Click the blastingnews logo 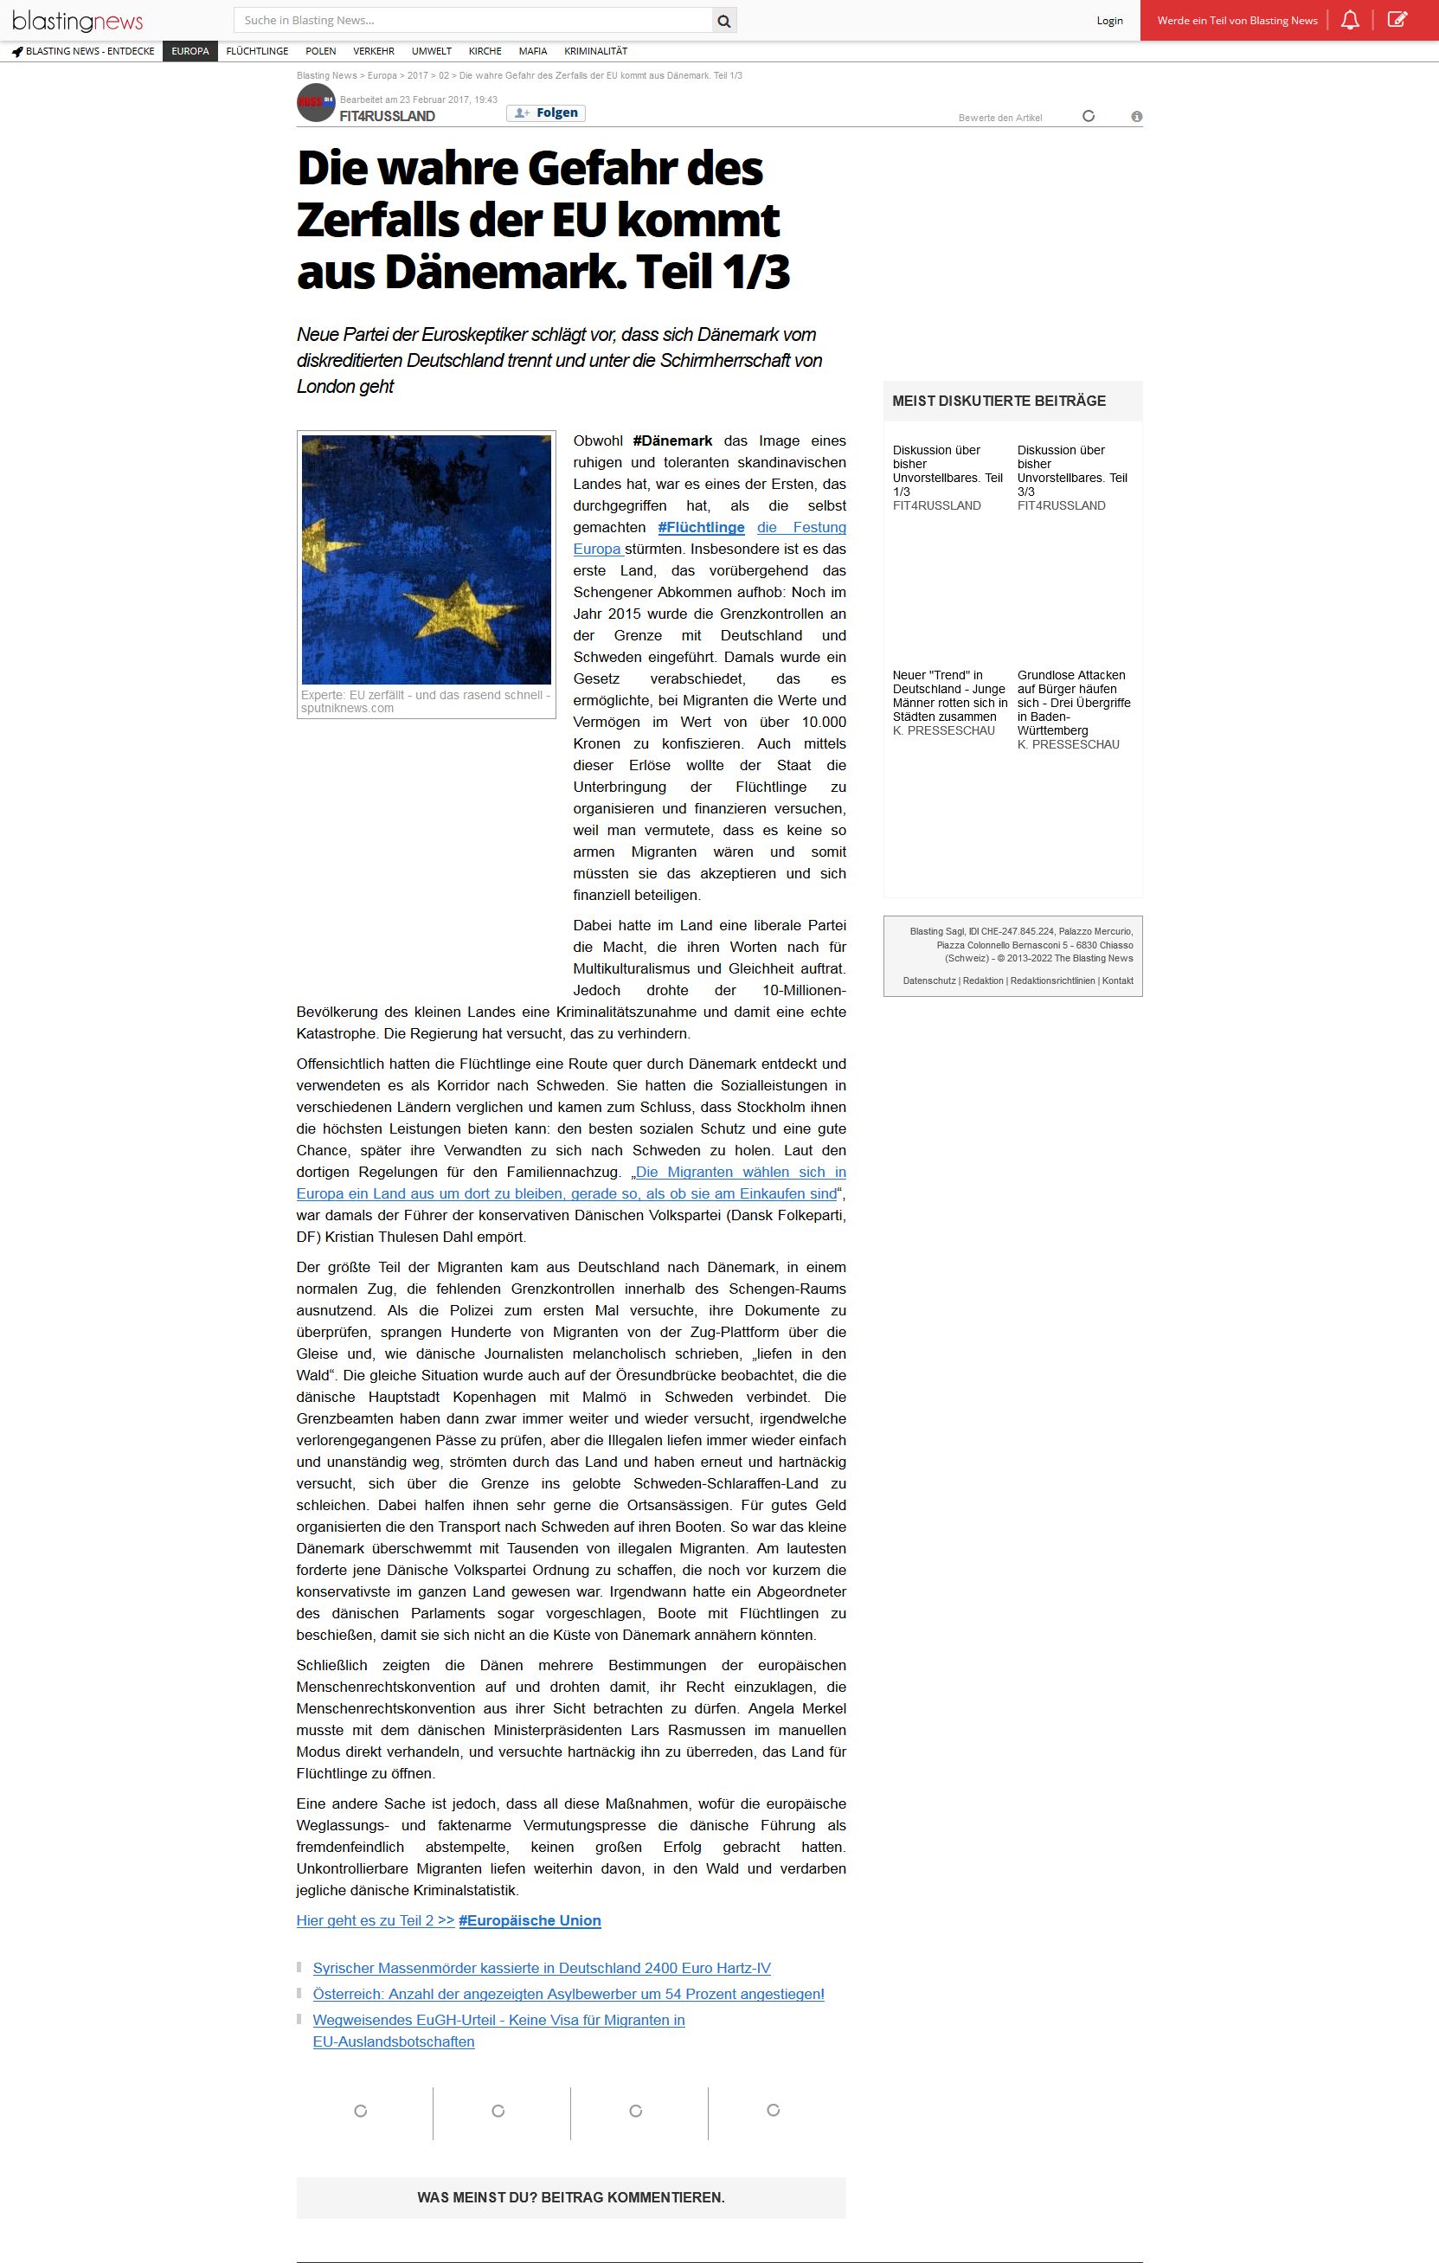click(x=78, y=21)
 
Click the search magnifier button click(x=723, y=21)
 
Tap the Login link click(x=1109, y=21)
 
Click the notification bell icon click(x=1350, y=20)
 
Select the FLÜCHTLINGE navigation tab click(x=258, y=52)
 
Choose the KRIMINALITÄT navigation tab click(x=595, y=52)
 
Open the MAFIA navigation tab click(x=533, y=52)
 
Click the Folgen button click(x=546, y=113)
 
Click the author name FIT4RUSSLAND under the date click(x=388, y=117)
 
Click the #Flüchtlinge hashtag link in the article click(x=701, y=527)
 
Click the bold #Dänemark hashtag click(x=672, y=440)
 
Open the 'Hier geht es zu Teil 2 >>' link click(x=375, y=1920)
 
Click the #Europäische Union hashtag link click(x=530, y=1920)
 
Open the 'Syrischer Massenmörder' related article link click(x=542, y=1968)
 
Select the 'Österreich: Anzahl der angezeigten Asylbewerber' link click(x=568, y=1994)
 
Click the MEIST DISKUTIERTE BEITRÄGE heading click(x=999, y=402)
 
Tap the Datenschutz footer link click(x=928, y=981)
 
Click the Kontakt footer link click(x=1118, y=981)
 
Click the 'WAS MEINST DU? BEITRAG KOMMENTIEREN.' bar click(x=570, y=2197)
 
